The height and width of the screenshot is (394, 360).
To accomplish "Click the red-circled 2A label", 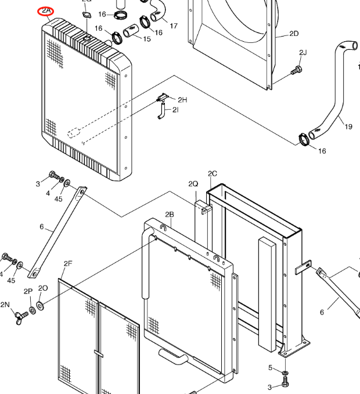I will coord(46,12).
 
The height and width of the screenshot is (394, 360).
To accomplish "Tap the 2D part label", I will coord(294,34).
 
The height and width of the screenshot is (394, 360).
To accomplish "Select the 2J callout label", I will coord(303,53).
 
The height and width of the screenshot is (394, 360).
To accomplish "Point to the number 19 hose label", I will coord(348,126).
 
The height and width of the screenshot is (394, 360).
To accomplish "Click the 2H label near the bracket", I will coord(182,100).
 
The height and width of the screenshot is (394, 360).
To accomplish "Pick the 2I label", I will coord(175,109).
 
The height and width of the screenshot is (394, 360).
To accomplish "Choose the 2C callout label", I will coord(213,173).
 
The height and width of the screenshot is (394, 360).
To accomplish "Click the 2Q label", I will coord(193,184).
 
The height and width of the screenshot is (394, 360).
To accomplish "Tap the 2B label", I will coord(170,214).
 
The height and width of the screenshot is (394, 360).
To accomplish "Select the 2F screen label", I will coord(68,263).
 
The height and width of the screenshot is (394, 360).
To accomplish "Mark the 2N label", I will coord(5,304).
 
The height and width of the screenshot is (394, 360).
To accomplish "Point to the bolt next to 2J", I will coord(297,71).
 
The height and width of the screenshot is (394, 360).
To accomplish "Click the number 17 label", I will coord(174,26).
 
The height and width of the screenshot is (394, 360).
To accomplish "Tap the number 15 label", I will coord(147,39).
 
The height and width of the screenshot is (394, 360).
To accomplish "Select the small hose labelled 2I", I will coord(161,111).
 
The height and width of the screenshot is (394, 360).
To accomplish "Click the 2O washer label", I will coord(43,288).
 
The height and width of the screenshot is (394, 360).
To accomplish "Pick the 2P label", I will coord(28,291).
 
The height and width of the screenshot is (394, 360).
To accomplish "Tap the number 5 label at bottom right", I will coord(270,367).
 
